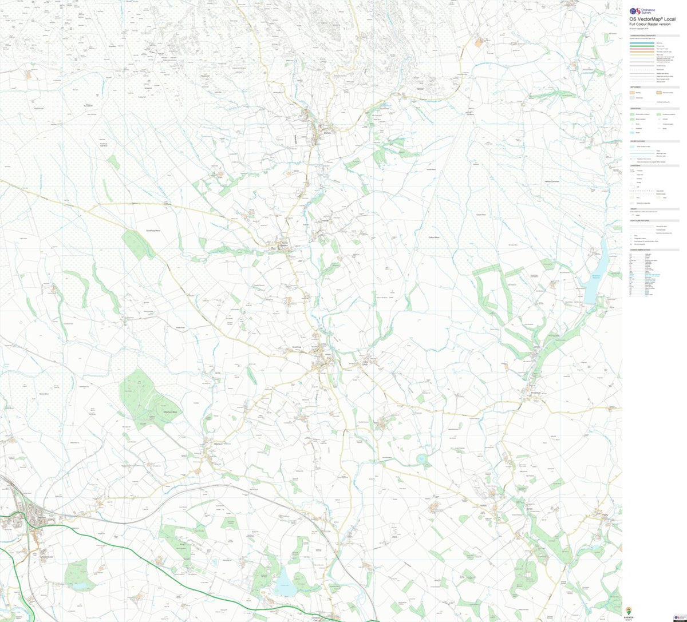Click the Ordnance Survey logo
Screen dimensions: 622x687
pyautogui.click(x=640, y=11)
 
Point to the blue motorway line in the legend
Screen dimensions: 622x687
pyautogui.click(x=643, y=42)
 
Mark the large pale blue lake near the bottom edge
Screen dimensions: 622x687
pyautogui.click(x=285, y=585)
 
